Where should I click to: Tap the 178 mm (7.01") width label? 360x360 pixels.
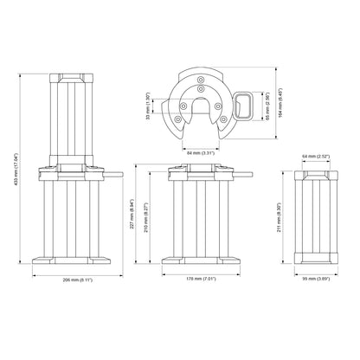tap(202, 280)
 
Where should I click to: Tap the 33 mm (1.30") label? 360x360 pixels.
tap(148, 104)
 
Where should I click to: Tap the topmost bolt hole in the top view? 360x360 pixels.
tap(200, 84)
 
